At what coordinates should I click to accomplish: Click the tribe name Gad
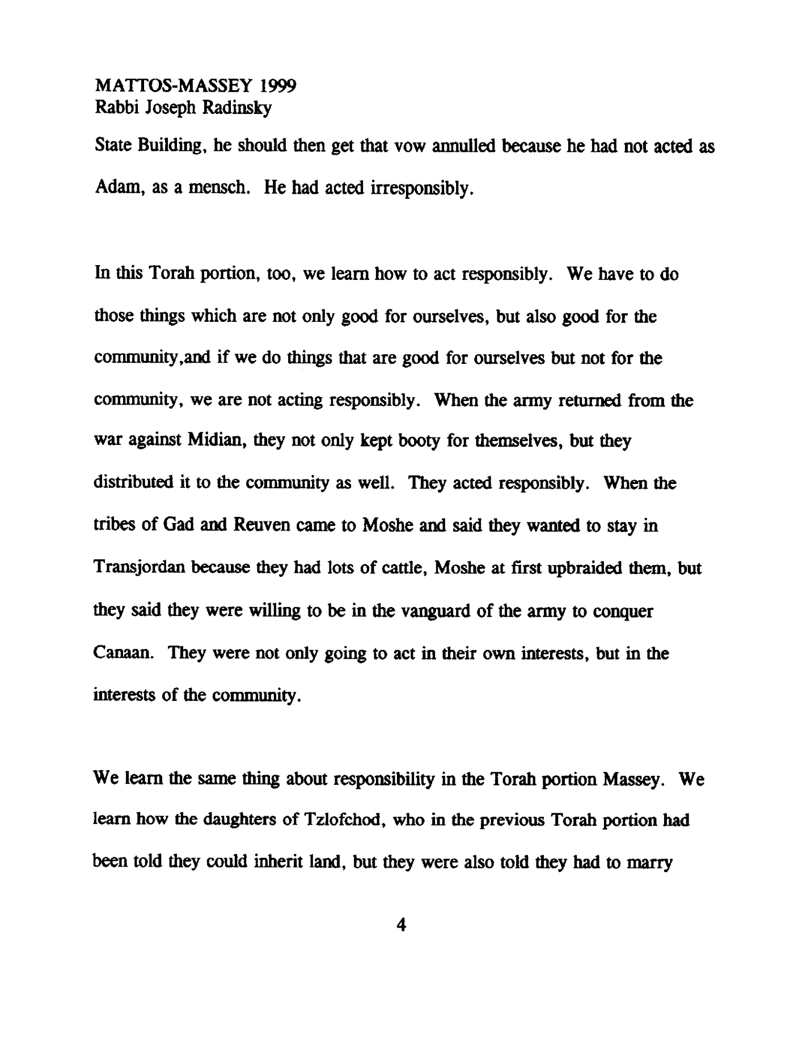click(x=178, y=525)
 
